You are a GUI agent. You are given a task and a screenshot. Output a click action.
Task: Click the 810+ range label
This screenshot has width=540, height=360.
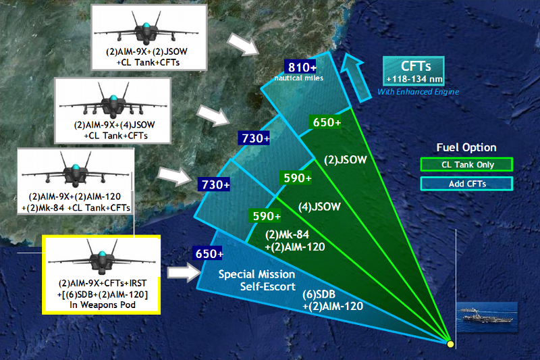[300, 67]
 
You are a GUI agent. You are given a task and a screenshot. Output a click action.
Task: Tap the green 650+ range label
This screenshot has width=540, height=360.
[327, 122]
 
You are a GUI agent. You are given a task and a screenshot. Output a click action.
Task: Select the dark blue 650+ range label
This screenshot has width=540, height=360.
[209, 253]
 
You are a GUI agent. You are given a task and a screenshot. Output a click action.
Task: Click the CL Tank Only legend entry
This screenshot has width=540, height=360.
[466, 164]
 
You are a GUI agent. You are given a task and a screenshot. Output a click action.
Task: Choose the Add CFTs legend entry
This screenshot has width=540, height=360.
[466, 184]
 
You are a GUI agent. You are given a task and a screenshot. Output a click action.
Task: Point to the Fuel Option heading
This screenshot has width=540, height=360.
[466, 147]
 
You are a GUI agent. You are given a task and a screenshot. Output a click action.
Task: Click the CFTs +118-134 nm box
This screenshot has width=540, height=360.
[414, 71]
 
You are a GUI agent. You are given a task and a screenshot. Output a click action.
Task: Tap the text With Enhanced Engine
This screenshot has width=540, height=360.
[418, 92]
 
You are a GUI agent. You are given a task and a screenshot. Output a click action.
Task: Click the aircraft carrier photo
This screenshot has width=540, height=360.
[487, 317]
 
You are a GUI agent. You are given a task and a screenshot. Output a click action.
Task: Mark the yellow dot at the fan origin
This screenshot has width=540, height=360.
[450, 344]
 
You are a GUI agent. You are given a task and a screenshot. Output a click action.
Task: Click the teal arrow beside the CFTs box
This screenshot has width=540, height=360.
[355, 78]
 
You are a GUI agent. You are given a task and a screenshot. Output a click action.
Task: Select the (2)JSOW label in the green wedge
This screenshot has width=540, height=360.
[346, 160]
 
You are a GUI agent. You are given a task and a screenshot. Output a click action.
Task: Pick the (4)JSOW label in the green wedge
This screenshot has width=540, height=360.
[319, 207]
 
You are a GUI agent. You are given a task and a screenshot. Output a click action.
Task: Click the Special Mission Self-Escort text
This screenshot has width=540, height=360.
[257, 280]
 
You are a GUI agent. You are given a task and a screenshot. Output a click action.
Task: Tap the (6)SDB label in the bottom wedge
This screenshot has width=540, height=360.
[319, 294]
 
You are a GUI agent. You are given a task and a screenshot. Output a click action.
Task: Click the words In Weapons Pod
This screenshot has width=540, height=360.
[103, 305]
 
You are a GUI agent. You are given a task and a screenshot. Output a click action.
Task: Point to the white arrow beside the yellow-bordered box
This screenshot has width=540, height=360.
[184, 272]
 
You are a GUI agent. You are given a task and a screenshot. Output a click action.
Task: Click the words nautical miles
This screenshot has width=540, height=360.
[299, 78]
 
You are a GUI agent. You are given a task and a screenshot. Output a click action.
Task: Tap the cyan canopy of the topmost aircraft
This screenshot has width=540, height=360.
[146, 26]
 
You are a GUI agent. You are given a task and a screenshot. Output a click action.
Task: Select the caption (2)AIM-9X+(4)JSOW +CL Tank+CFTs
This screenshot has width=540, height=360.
[115, 130]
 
